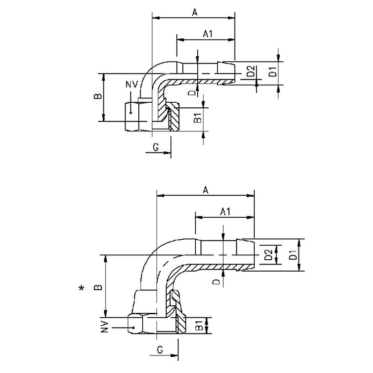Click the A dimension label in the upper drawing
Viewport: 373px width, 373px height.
tap(194, 11)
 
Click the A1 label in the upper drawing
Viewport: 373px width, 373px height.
tap(209, 33)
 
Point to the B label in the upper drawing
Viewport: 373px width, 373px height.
tap(98, 96)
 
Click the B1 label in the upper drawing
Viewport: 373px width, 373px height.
tap(198, 118)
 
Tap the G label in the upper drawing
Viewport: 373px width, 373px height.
tap(156, 148)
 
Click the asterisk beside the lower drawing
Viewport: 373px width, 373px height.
tap(81, 288)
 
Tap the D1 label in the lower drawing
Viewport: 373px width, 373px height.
tap(293, 255)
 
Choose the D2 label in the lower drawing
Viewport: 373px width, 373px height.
tap(268, 256)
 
